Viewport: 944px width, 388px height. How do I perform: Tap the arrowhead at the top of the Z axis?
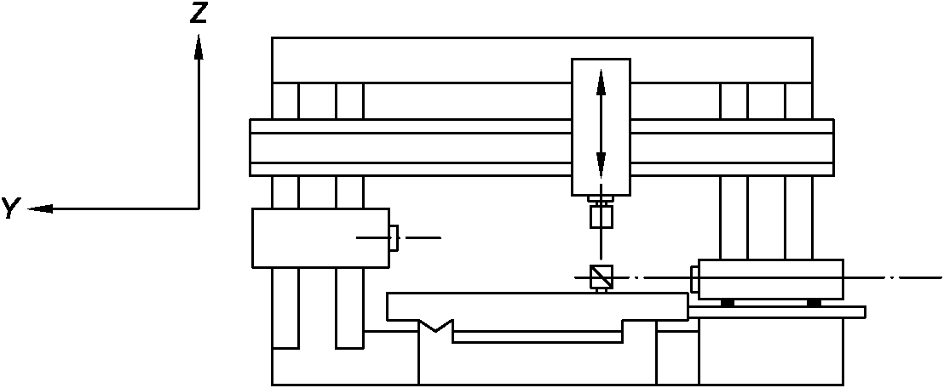click(x=199, y=46)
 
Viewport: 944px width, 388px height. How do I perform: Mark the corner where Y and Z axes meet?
click(x=199, y=208)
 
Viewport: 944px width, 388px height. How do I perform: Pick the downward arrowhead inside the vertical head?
click(x=601, y=163)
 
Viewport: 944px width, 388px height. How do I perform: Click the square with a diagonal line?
click(x=601, y=277)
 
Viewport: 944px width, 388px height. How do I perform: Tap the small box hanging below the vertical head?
click(x=601, y=217)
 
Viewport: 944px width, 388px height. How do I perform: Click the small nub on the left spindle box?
click(x=394, y=237)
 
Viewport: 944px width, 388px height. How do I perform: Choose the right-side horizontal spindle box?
click(x=770, y=279)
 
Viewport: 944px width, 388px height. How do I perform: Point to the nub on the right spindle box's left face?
click(x=694, y=278)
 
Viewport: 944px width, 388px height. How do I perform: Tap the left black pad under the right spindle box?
click(x=727, y=302)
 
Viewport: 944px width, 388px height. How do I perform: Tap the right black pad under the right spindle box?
click(x=814, y=302)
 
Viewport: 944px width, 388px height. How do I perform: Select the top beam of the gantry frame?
click(x=542, y=60)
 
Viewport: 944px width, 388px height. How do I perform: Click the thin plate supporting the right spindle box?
click(x=777, y=311)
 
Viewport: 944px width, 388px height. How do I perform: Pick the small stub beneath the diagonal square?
click(x=601, y=289)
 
